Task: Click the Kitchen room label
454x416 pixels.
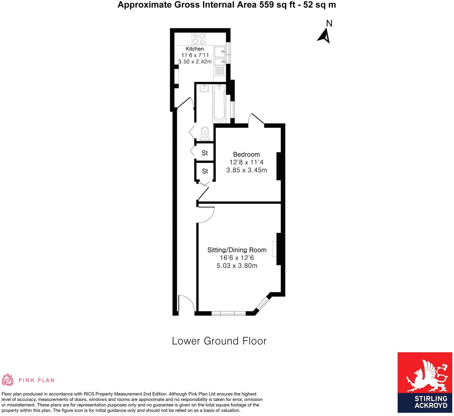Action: tap(195, 49)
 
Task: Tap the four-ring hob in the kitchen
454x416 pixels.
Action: tap(199, 39)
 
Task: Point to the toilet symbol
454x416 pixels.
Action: tap(205, 134)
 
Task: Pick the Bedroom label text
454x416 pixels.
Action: tap(246, 154)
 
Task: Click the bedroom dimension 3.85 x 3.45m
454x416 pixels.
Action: tap(246, 170)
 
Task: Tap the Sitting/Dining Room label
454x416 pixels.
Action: tap(237, 250)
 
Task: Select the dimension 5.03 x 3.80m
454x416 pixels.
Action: tap(237, 266)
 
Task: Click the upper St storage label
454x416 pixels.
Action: tap(205, 153)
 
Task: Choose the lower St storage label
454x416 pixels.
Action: tap(205, 171)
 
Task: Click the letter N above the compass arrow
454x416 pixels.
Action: tap(329, 23)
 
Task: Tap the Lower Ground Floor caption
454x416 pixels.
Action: tap(219, 341)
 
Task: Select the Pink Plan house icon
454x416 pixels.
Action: tap(8, 380)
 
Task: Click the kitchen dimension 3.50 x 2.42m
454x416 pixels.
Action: tap(195, 62)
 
